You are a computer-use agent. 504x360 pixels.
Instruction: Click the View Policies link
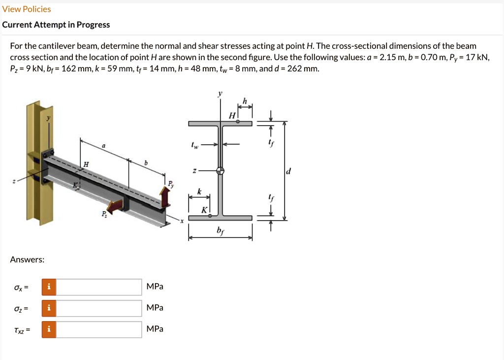(27, 9)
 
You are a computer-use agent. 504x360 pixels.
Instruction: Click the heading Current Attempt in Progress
(56, 25)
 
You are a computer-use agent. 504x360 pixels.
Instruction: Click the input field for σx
(99, 287)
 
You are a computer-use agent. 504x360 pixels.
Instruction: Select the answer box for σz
(99, 308)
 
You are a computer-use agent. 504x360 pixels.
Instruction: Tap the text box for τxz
(99, 329)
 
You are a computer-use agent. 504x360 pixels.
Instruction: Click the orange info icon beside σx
(48, 287)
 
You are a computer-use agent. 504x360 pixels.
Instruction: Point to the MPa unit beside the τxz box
(155, 329)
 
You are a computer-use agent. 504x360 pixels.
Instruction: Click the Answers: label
(27, 260)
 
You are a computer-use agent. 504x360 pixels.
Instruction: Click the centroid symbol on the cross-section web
(220, 170)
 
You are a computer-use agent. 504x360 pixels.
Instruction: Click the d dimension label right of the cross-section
(288, 171)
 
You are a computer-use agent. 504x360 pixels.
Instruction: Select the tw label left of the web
(195, 146)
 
